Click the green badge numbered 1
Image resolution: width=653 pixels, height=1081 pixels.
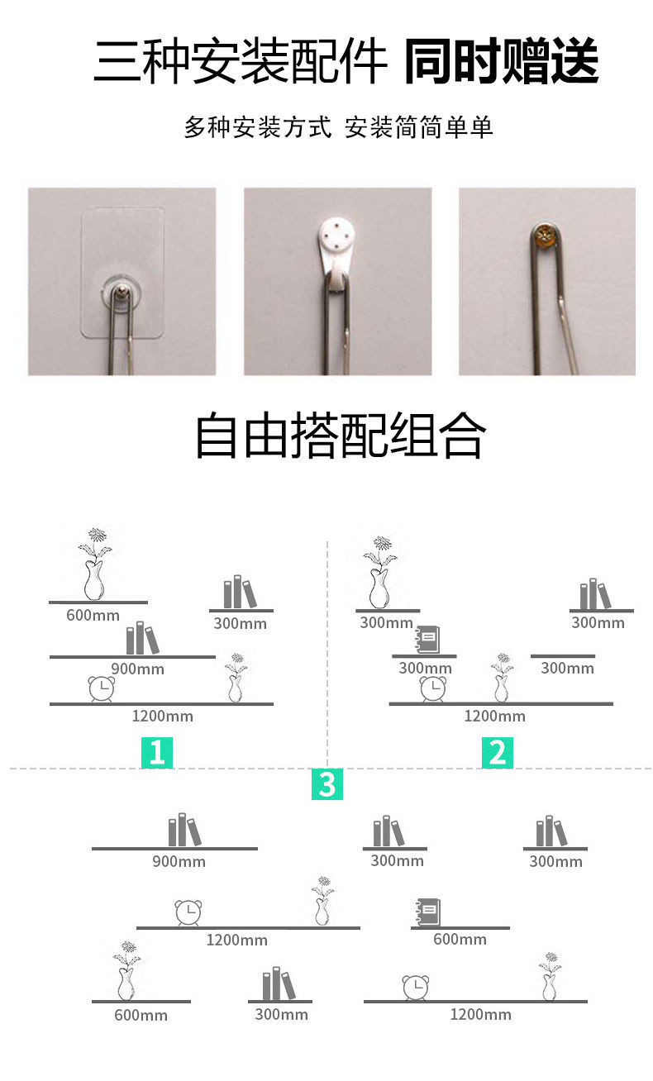[157, 753]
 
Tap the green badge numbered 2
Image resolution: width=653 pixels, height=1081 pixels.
[498, 753]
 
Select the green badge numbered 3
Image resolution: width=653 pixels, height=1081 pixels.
[326, 784]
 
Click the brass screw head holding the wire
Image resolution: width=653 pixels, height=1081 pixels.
[546, 237]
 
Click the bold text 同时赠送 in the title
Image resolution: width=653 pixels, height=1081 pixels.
[502, 62]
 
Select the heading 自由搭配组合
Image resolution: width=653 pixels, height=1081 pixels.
[340, 436]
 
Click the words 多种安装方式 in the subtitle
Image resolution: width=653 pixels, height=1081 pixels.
[257, 128]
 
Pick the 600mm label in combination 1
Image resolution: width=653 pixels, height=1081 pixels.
[93, 616]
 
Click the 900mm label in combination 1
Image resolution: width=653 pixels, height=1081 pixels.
[137, 669]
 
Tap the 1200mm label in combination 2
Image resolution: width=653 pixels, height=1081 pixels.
[494, 717]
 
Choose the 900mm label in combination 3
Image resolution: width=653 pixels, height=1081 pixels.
[179, 862]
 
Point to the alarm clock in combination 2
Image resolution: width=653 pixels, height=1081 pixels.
[432, 688]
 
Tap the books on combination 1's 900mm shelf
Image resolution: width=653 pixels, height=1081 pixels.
[141, 639]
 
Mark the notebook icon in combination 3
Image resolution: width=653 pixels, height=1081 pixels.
[427, 912]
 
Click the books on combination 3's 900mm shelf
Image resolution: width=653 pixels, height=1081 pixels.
[184, 831]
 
